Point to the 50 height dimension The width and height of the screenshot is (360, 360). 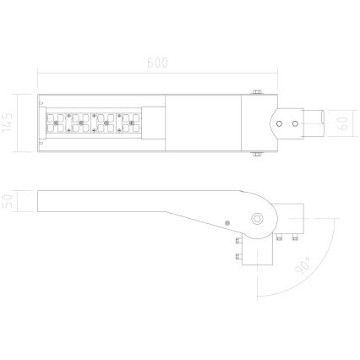pos(9,202)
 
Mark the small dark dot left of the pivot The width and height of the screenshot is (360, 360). pos(226,221)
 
